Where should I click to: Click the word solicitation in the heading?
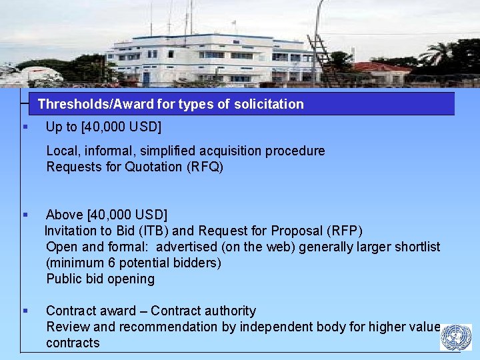270,104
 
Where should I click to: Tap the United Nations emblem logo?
456,337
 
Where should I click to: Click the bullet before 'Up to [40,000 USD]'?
25,127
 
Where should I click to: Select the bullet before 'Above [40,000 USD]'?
25,215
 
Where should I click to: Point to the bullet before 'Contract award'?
25,311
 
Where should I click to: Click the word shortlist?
417,247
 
